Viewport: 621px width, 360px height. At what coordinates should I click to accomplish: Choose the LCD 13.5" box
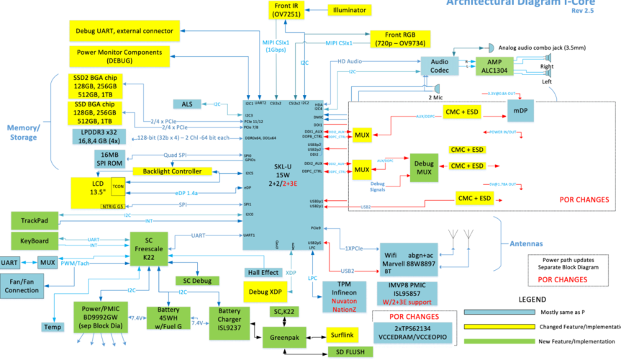[97, 189]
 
